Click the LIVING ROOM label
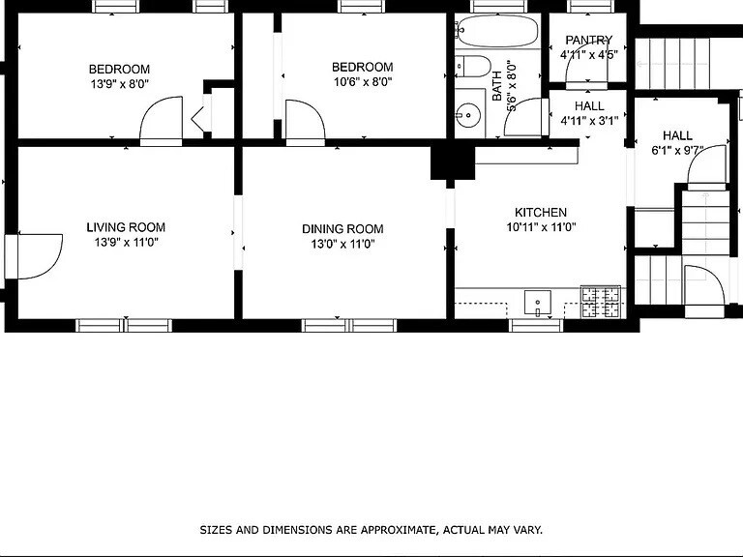click(x=126, y=227)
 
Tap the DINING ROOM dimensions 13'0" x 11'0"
click(x=342, y=244)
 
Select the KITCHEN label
click(x=540, y=212)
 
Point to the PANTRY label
click(x=588, y=40)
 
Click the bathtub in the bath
click(x=496, y=32)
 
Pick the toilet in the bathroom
click(x=473, y=67)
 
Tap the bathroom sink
click(x=468, y=115)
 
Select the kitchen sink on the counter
click(x=537, y=304)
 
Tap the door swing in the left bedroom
click(x=162, y=120)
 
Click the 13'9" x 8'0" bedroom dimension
click(x=119, y=83)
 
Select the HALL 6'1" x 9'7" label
click(x=677, y=142)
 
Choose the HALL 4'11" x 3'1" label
click(x=588, y=114)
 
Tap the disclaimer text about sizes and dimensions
click(x=371, y=530)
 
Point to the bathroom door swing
click(x=524, y=118)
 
